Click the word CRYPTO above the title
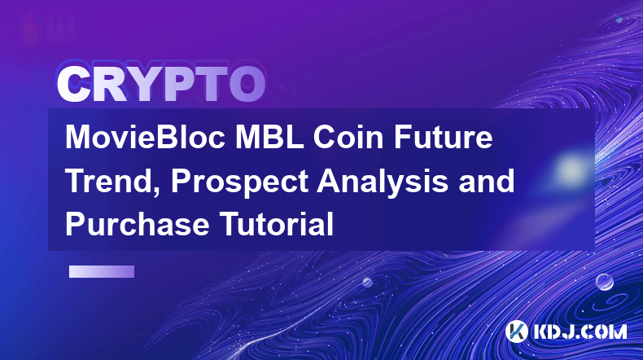tap(161, 84)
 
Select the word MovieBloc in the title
tap(145, 137)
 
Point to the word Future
tap(444, 137)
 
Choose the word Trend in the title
tap(109, 181)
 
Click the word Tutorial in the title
tap(277, 224)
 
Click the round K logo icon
tap(516, 331)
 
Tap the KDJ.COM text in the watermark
tap(580, 331)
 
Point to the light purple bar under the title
tap(102, 272)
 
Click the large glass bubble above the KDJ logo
tap(605, 282)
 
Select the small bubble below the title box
tap(367, 282)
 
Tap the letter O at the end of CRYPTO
tap(247, 84)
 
